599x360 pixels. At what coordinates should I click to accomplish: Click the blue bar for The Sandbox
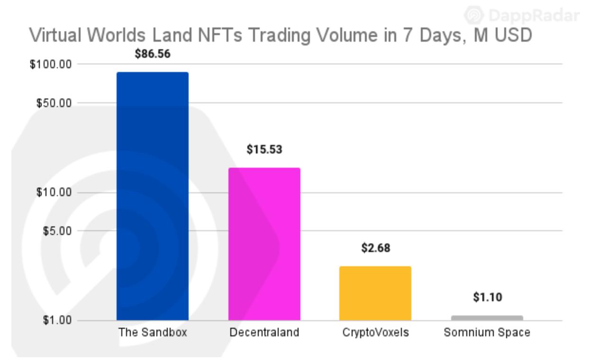(152, 196)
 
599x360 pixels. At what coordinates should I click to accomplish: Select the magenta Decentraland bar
(264, 244)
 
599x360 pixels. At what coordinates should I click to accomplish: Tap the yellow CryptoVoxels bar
(375, 293)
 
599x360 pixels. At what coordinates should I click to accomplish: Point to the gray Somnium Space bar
(487, 318)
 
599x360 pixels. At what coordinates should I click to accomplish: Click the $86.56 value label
(152, 54)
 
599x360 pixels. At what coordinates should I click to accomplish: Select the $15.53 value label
(264, 150)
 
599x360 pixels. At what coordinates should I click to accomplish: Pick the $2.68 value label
(375, 248)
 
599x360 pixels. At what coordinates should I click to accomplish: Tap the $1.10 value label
(487, 297)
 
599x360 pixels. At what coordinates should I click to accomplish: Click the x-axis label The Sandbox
(153, 333)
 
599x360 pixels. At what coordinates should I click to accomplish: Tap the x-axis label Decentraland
(264, 333)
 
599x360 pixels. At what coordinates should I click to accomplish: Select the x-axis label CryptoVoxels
(375, 333)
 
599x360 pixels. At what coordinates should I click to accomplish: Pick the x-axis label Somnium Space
(487, 333)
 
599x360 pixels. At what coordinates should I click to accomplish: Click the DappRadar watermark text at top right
(533, 16)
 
